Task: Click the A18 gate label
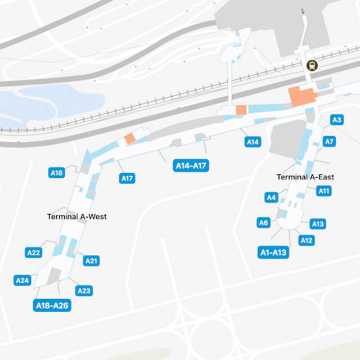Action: pyautogui.click(x=57, y=173)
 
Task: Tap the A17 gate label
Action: pyautogui.click(x=127, y=178)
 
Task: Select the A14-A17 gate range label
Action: pyautogui.click(x=192, y=166)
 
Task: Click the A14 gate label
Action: pyautogui.click(x=253, y=142)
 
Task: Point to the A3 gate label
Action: pyautogui.click(x=336, y=120)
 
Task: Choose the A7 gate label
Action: pyautogui.click(x=330, y=141)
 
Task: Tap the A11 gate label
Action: pyautogui.click(x=324, y=191)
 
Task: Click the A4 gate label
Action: pyautogui.click(x=271, y=197)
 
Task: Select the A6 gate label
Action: pyautogui.click(x=263, y=222)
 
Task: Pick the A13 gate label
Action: pyautogui.click(x=318, y=224)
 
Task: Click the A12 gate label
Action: pyautogui.click(x=307, y=241)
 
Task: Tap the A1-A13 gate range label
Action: pyautogui.click(x=273, y=253)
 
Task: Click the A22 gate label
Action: pyautogui.click(x=34, y=253)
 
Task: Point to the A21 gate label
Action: pyautogui.click(x=91, y=260)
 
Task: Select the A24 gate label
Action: pyautogui.click(x=22, y=280)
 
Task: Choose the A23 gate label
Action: pyautogui.click(x=84, y=290)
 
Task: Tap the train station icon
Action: pyautogui.click(x=311, y=65)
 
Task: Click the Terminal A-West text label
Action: pyautogui.click(x=77, y=217)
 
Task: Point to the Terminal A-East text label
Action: pyautogui.click(x=305, y=177)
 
